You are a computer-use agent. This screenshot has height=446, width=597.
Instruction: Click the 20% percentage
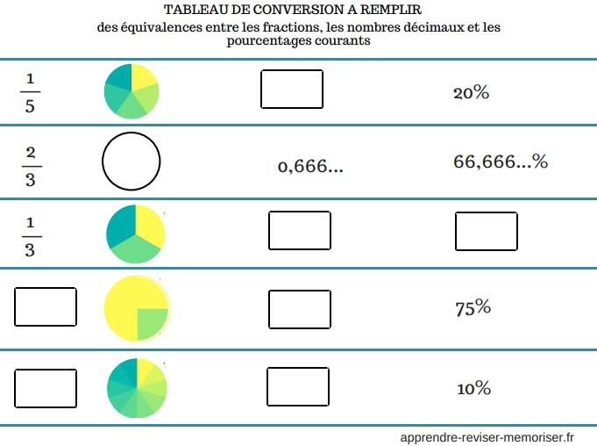click(471, 92)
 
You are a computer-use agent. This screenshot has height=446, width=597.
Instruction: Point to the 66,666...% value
click(501, 162)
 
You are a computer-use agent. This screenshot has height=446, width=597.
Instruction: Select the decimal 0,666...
click(309, 166)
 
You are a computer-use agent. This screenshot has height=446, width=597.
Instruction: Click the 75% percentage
click(473, 307)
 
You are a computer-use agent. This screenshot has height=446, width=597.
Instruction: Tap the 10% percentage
click(473, 388)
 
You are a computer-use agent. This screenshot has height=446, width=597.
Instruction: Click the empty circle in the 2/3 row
click(131, 162)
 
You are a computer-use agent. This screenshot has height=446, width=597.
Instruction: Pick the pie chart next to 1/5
click(131, 90)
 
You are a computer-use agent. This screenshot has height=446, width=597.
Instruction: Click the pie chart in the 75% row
click(136, 307)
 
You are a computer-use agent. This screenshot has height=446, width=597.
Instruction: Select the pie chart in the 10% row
click(136, 387)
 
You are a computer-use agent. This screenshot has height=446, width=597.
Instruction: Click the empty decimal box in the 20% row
click(292, 89)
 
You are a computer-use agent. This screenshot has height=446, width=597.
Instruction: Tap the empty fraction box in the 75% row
click(46, 306)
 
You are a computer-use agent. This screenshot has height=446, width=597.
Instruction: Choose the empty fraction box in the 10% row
click(46, 386)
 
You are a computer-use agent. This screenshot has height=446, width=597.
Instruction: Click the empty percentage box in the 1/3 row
click(487, 232)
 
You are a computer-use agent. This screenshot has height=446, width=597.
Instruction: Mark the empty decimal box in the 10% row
click(298, 386)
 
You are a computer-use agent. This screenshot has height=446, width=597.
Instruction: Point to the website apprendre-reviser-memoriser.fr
click(487, 435)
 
